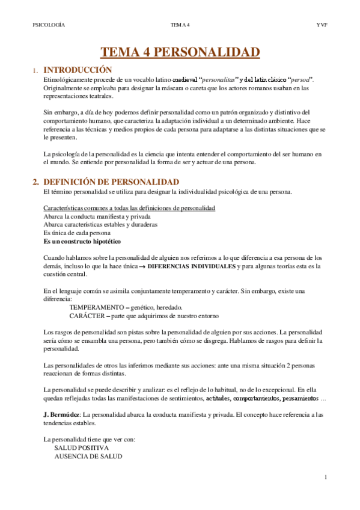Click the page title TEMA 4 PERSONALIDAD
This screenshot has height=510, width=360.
click(x=180, y=52)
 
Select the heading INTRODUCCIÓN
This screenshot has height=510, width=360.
click(x=78, y=70)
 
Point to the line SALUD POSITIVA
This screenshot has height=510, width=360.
click(x=82, y=448)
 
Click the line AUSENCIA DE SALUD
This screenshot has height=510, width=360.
click(x=88, y=456)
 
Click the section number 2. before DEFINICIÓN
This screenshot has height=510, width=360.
click(x=36, y=182)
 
